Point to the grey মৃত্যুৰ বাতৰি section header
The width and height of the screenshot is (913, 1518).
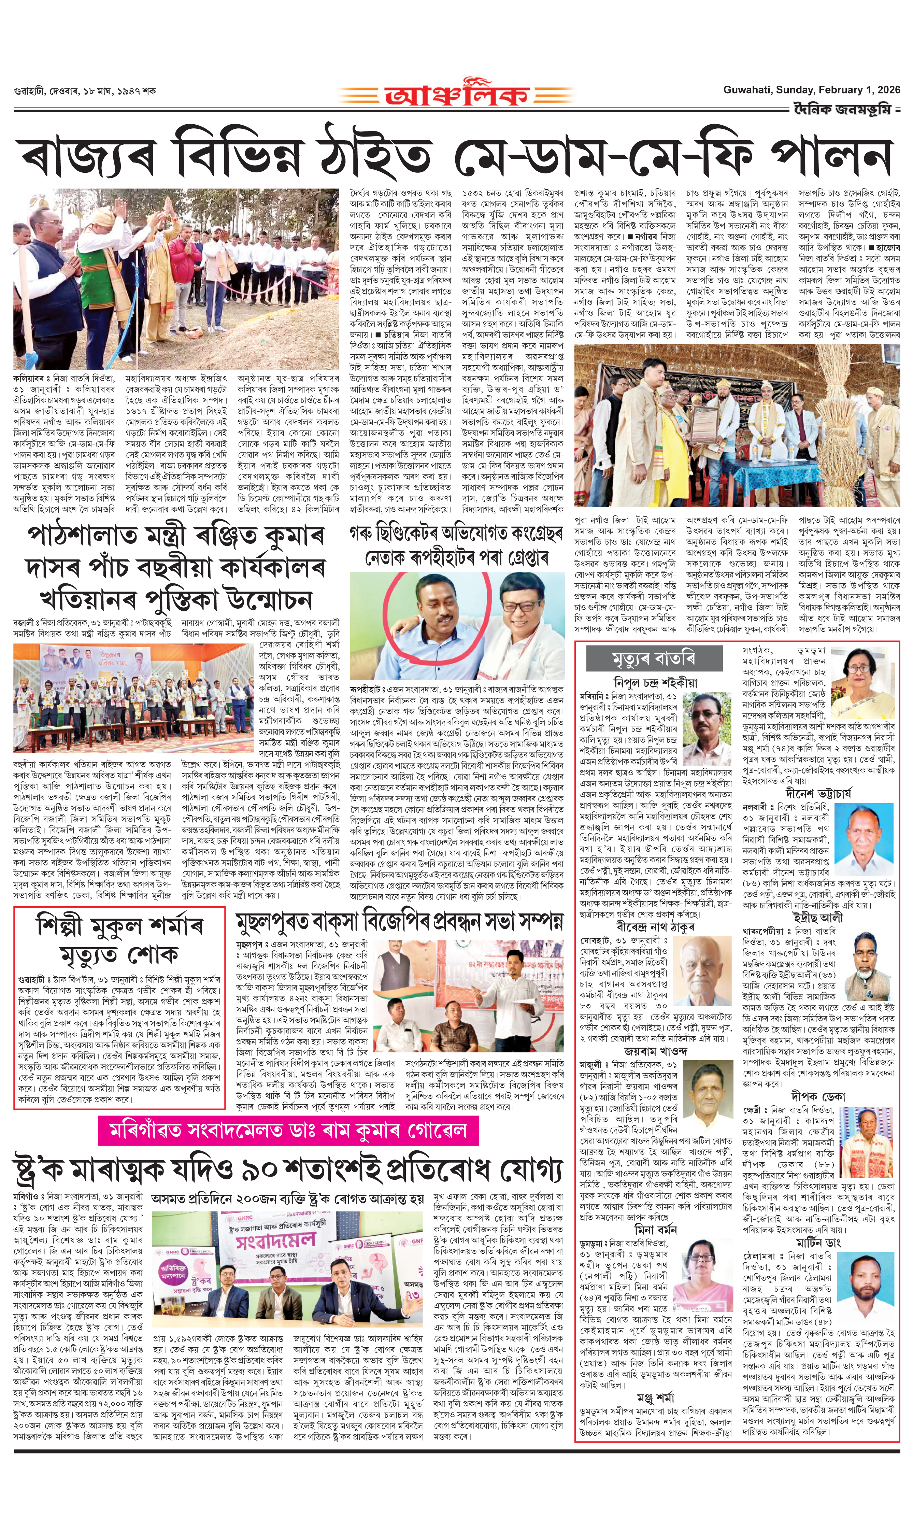click(653, 659)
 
